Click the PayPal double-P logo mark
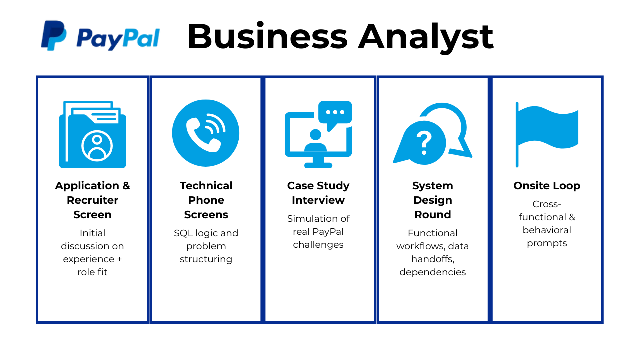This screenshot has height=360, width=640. tap(54, 35)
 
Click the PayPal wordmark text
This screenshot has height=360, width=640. tap(118, 39)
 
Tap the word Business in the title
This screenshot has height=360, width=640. tap(267, 37)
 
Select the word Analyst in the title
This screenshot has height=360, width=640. tap(425, 38)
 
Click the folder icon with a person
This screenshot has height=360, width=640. tap(93, 134)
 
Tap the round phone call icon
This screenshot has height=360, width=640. tap(206, 133)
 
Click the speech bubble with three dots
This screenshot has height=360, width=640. tap(335, 115)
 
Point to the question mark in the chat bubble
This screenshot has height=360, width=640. tap(424, 143)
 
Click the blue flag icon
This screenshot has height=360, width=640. tap(547, 134)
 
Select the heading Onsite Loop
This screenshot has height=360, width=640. tap(547, 186)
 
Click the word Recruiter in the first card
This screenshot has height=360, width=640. tap(92, 200)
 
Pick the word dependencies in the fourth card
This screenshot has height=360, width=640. tap(433, 272)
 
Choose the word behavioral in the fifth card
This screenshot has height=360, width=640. tap(547, 230)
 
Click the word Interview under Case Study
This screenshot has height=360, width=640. tap(318, 200)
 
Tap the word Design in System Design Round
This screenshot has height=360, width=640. tap(433, 200)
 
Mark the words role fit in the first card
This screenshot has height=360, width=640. tap(92, 272)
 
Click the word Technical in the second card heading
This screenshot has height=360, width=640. tap(206, 186)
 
